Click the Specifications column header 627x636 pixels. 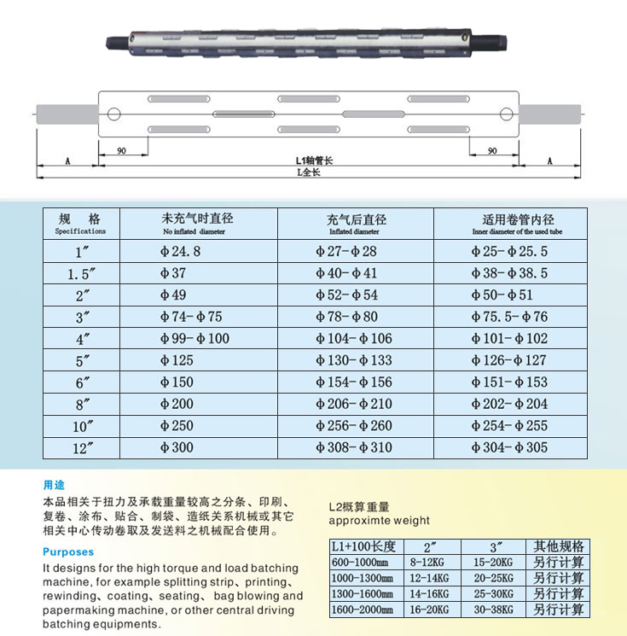[x=81, y=224]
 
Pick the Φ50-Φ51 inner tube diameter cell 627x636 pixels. [x=502, y=295]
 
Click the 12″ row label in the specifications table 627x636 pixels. [x=81, y=447]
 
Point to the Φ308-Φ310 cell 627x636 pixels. [x=353, y=447]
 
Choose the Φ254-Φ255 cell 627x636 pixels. [x=509, y=426]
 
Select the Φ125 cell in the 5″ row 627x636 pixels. [x=177, y=360]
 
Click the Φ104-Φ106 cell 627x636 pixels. [x=353, y=339]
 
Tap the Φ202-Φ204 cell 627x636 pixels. [x=509, y=404]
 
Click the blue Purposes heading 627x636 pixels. [x=68, y=552]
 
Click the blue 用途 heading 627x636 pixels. [x=54, y=485]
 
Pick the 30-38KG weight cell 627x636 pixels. [x=494, y=610]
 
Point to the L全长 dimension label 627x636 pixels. [x=308, y=172]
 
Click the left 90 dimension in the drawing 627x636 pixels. [x=122, y=150]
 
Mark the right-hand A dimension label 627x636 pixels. [x=549, y=160]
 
